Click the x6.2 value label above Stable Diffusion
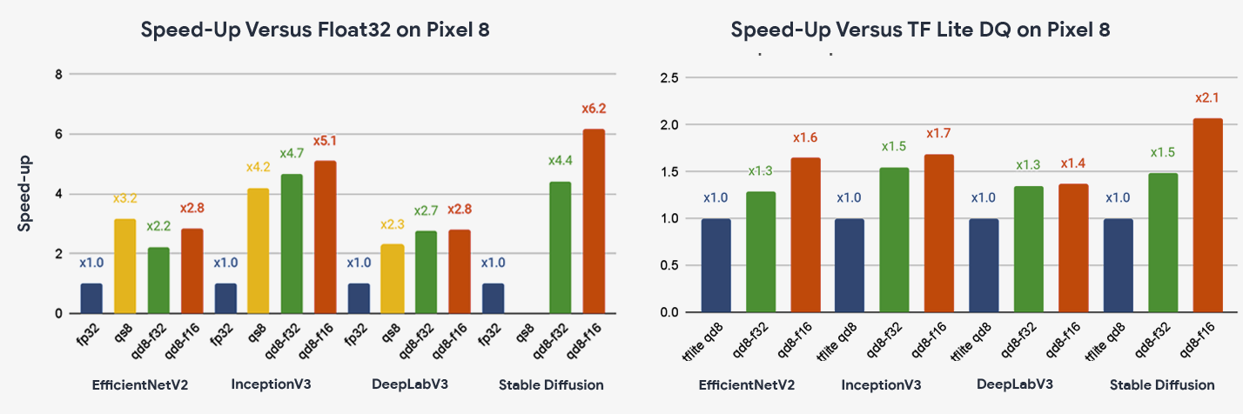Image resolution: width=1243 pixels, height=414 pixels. pos(594,109)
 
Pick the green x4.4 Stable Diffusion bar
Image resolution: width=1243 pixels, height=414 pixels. pos(560,247)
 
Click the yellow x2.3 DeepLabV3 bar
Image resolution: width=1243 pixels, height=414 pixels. pos(393,278)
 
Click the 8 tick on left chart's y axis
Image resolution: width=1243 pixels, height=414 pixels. pos(58,75)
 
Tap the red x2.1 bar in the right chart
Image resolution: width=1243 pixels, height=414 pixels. pos(1206,215)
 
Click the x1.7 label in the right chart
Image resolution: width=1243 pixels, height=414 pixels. pos(938,133)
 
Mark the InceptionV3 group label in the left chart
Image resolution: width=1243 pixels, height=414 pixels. pos(271,384)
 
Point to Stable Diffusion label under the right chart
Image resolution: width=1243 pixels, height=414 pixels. pos(1162,384)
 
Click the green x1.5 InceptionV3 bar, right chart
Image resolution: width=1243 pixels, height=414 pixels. pos(894,239)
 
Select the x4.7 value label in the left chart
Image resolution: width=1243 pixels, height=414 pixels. pos(292,154)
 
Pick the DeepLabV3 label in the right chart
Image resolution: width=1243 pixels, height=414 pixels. pos(1015,384)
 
